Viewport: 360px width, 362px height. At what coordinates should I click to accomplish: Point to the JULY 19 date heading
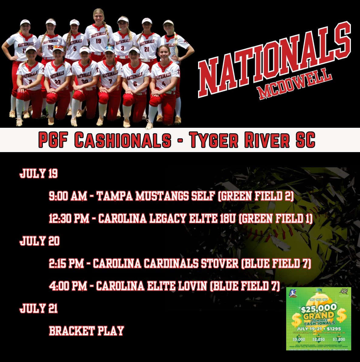pos(39,174)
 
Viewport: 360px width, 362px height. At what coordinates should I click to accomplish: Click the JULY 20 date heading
pos(39,241)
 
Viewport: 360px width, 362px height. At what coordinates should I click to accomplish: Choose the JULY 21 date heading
pos(39,309)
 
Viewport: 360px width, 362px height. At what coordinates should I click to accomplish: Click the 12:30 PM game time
pos(69,219)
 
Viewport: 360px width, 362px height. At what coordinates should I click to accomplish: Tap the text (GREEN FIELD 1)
pos(276,219)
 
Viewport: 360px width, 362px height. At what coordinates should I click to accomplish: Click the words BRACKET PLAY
pos(87,331)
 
